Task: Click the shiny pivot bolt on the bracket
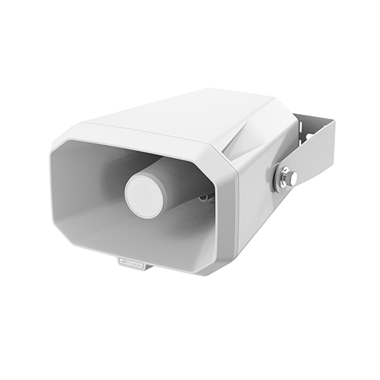click(287, 178)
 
